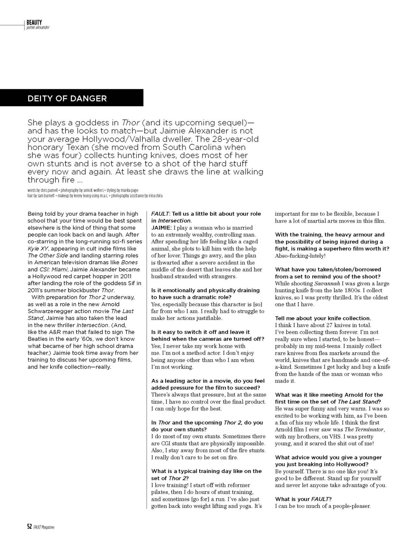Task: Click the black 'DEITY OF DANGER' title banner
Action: tap(72, 98)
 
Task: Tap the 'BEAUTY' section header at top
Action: tap(34, 22)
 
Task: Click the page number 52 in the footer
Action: tap(29, 527)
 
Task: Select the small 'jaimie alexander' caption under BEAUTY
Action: tap(38, 27)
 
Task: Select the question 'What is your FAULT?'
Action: tap(303, 499)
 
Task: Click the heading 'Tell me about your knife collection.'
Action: tap(323, 318)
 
